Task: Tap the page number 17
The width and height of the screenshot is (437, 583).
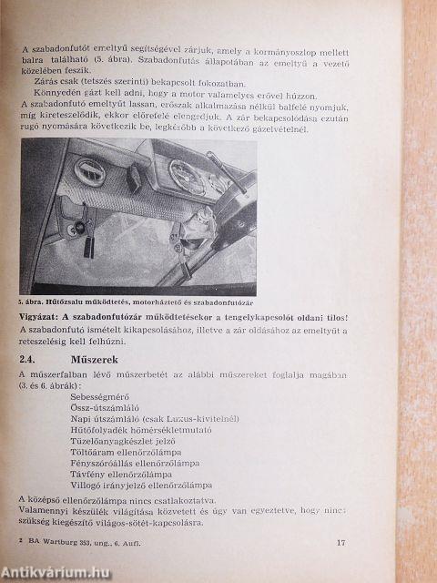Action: (x=342, y=546)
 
